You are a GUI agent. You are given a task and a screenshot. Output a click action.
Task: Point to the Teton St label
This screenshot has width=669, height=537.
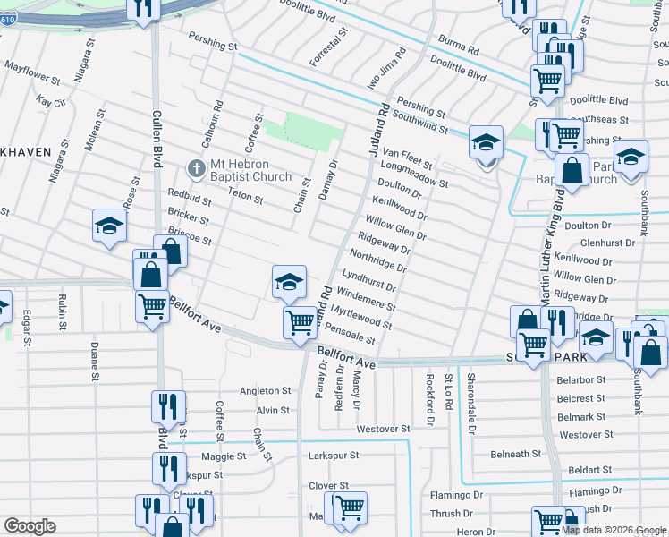point(245,196)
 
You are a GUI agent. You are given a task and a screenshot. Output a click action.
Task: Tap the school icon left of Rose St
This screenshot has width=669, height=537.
point(109,226)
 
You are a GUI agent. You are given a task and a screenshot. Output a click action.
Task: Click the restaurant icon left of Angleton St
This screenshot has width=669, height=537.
point(168,405)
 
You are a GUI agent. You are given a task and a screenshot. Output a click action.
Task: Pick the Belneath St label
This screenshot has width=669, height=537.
point(515,455)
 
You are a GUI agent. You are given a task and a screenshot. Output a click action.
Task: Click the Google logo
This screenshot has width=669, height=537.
point(30,526)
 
